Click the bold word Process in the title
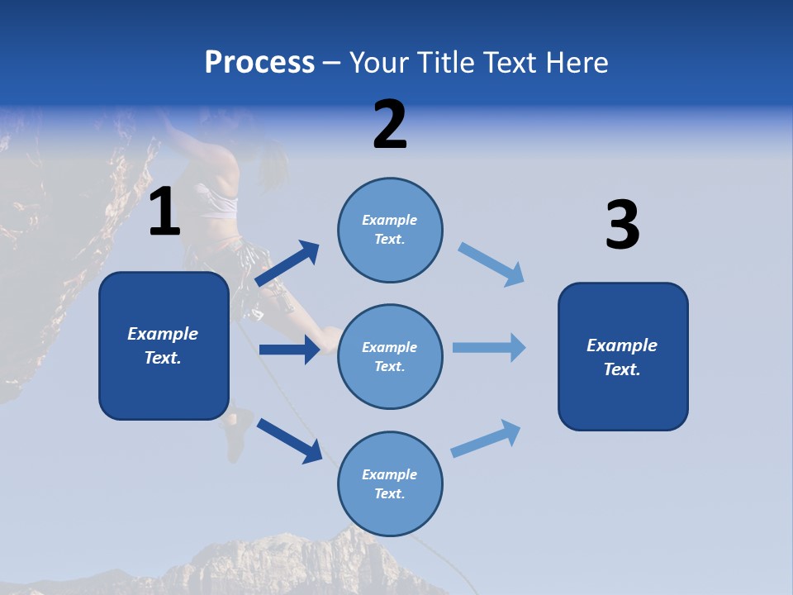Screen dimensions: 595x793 pyautogui.click(x=259, y=62)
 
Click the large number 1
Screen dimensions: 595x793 pyautogui.click(x=164, y=212)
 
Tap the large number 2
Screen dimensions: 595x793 pyautogui.click(x=390, y=125)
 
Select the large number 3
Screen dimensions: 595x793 pyautogui.click(x=622, y=226)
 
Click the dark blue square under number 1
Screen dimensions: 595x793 pyautogui.click(x=164, y=345)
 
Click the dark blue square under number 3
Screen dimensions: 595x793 pyautogui.click(x=623, y=356)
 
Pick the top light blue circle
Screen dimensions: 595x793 pyautogui.click(x=390, y=229)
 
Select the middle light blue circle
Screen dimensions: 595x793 pyautogui.click(x=390, y=356)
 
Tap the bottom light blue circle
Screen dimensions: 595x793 pyautogui.click(x=390, y=483)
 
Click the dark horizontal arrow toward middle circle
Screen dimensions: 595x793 pyautogui.click(x=289, y=350)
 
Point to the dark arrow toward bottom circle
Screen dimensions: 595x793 pyautogui.click(x=289, y=440)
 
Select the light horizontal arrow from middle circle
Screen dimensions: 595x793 pyautogui.click(x=489, y=347)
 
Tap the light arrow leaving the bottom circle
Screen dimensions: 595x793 pyautogui.click(x=487, y=439)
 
